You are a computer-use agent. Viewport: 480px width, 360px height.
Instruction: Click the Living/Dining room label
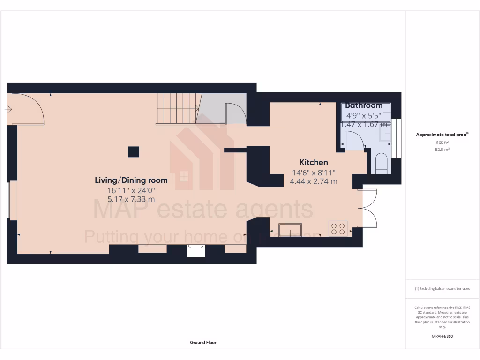pos(131,180)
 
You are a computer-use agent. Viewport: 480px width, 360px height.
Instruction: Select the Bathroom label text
pos(364,105)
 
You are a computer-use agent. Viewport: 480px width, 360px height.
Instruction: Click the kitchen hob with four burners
pos(338,228)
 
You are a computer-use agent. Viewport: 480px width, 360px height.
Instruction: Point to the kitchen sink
pos(290,230)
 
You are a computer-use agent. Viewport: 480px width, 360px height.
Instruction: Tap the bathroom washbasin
pos(385,133)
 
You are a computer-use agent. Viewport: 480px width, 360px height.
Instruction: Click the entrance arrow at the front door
pos(8,109)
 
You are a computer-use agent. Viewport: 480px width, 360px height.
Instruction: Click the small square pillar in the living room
pos(134,151)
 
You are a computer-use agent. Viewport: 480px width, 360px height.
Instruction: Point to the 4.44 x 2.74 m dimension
pos(314,181)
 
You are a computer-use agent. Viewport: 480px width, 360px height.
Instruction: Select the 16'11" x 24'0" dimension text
pos(131,190)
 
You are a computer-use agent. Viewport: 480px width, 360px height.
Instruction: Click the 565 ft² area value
pos(442,142)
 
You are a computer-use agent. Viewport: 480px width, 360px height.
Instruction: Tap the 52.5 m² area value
pos(442,150)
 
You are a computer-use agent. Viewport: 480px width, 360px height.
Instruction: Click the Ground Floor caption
pos(203,343)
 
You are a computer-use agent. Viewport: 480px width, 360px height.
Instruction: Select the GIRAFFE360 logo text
pos(442,336)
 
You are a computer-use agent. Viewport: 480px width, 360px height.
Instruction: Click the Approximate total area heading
pos(442,135)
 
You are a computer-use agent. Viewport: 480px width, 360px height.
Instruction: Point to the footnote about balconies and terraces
pos(442,289)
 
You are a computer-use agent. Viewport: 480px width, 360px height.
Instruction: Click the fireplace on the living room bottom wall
pos(195,251)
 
